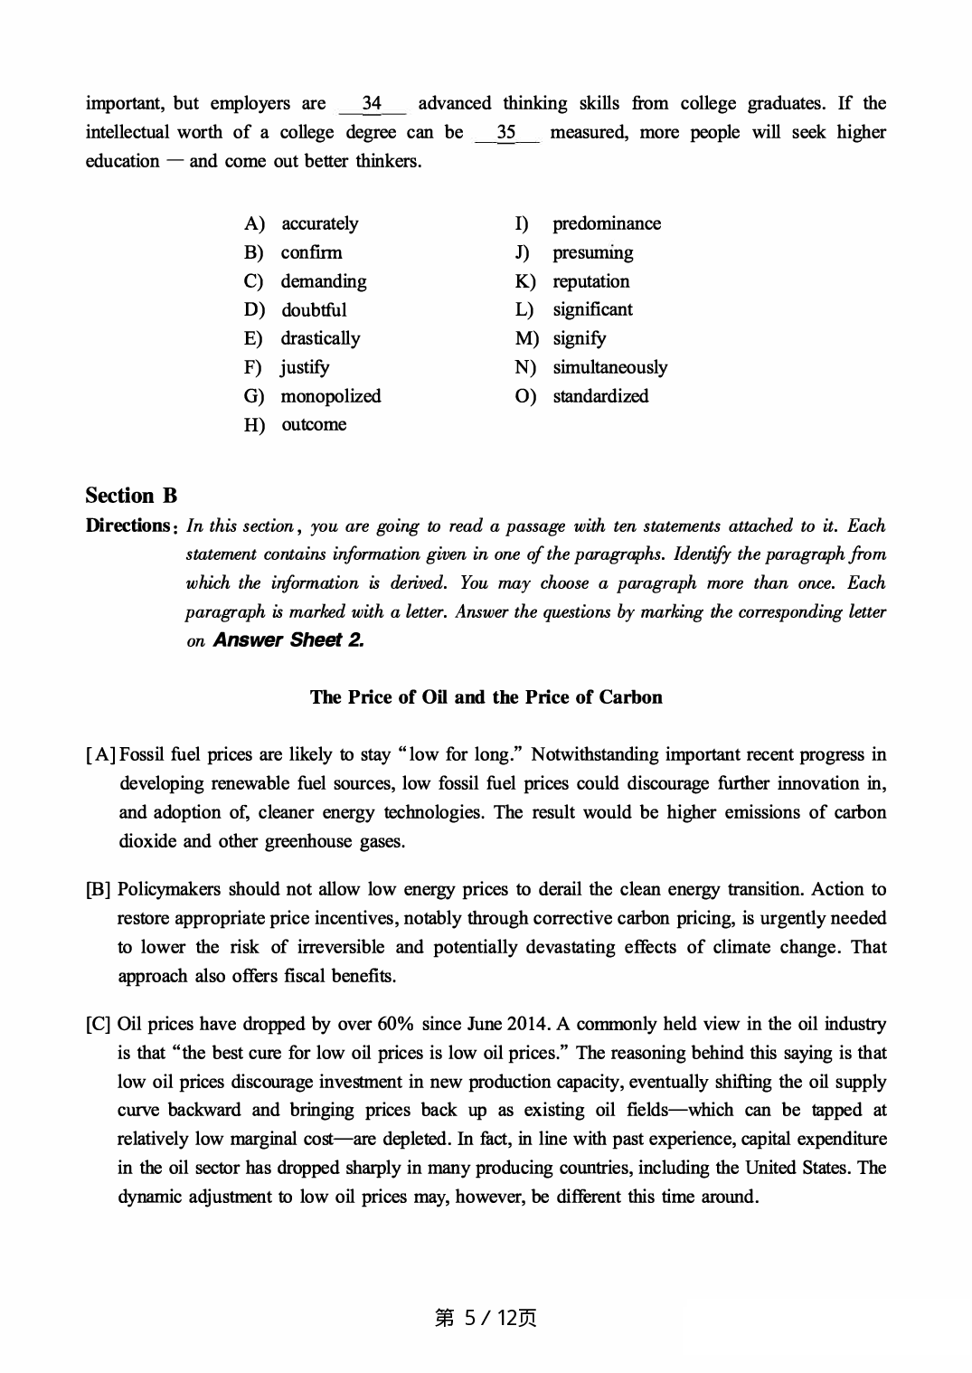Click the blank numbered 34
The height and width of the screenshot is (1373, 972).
click(372, 104)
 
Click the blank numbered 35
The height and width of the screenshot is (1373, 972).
click(506, 133)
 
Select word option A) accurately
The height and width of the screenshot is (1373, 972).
click(318, 223)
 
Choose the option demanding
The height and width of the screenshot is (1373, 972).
click(323, 281)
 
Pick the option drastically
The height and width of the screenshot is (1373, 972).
click(319, 338)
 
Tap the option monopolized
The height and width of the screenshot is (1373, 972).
click(330, 396)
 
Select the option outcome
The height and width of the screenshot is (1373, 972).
click(313, 425)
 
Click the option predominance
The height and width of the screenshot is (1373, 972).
click(606, 223)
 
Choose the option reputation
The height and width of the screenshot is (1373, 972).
click(590, 281)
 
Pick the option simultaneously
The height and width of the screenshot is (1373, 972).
click(609, 367)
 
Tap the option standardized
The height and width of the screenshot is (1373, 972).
click(600, 396)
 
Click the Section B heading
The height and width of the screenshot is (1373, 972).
click(131, 496)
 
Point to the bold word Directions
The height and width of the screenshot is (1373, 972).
click(127, 526)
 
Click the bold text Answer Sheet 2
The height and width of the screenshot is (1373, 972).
click(288, 640)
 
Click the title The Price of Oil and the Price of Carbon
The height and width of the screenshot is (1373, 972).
click(486, 697)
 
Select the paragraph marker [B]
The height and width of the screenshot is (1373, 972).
click(99, 890)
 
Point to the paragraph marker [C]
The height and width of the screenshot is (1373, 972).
click(99, 1025)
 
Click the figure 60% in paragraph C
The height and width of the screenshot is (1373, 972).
click(395, 1025)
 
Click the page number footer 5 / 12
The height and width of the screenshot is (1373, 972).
click(486, 1318)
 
